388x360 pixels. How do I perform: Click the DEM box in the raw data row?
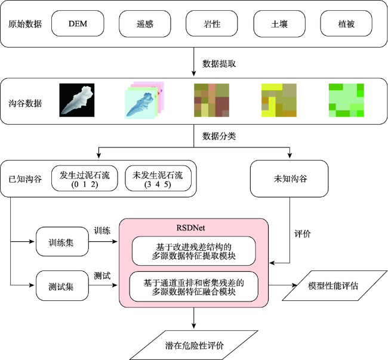(78, 23)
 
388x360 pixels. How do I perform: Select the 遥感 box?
(145, 24)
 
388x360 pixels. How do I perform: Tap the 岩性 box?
(212, 24)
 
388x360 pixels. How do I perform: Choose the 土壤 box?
(279, 24)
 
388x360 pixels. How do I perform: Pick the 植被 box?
(346, 24)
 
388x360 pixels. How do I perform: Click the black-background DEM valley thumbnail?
(77, 100)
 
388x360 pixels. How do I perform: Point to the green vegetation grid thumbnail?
(346, 100)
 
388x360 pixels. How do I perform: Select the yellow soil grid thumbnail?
(279, 100)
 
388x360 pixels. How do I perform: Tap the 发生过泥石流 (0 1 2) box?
(85, 179)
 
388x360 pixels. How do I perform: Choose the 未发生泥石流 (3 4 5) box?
(158, 179)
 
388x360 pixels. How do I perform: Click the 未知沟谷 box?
(290, 179)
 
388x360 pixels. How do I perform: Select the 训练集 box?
(62, 242)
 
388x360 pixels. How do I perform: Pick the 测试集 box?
(62, 286)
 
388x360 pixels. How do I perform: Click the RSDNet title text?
(190, 227)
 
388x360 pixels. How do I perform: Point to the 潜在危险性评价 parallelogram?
(194, 345)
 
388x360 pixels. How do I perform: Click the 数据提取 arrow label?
(219, 64)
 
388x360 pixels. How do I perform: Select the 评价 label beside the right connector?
(303, 234)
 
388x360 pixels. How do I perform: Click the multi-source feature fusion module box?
(194, 287)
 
